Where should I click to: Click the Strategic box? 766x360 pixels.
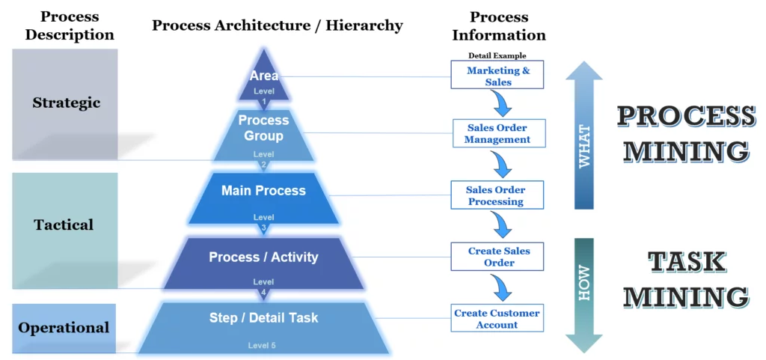65,103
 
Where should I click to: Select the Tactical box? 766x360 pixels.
64,225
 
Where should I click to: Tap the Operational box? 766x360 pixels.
64,328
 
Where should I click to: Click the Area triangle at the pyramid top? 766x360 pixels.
264,79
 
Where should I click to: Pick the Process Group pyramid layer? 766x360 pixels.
263,131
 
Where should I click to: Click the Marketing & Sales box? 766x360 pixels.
497,76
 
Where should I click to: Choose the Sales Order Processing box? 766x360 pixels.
495,195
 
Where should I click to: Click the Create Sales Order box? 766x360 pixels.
497,257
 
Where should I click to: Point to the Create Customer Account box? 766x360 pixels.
497,318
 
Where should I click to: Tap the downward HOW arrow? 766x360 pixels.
584,292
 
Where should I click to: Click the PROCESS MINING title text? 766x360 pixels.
685,133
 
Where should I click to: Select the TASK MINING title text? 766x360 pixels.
685,278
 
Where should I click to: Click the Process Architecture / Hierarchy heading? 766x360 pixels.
277,25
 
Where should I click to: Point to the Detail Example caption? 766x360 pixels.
497,55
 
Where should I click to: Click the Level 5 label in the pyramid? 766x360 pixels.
263,345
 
